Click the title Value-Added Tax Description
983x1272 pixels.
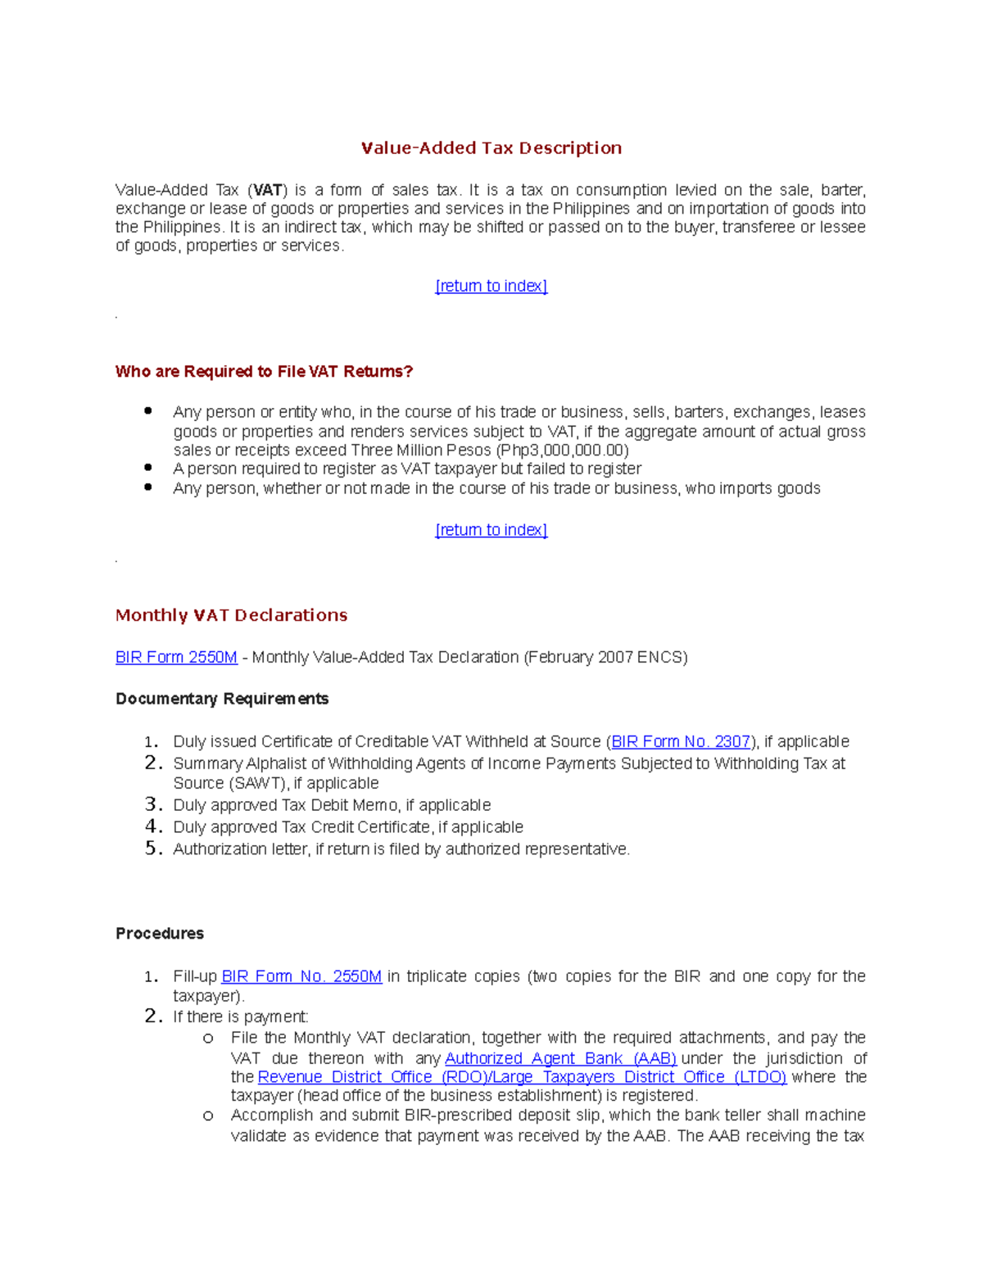point(491,148)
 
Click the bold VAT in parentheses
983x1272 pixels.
point(268,190)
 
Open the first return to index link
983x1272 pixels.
point(491,286)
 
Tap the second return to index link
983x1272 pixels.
point(491,530)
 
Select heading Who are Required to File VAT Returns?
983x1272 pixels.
point(264,372)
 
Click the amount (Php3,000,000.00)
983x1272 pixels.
point(562,450)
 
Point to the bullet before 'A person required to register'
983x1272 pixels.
point(148,468)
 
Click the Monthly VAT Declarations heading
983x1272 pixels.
point(231,615)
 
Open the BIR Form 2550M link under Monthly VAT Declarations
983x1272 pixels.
point(176,657)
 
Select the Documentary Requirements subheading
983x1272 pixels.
point(222,699)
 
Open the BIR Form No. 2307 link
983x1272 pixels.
point(681,741)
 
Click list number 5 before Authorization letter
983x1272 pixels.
point(152,849)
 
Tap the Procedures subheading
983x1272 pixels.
point(160,934)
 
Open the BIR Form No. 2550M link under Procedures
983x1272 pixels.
point(301,976)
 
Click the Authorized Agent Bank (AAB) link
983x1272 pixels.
point(560,1058)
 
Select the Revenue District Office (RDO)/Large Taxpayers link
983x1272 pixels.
point(522,1077)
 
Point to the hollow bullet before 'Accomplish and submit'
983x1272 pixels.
point(208,1116)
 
